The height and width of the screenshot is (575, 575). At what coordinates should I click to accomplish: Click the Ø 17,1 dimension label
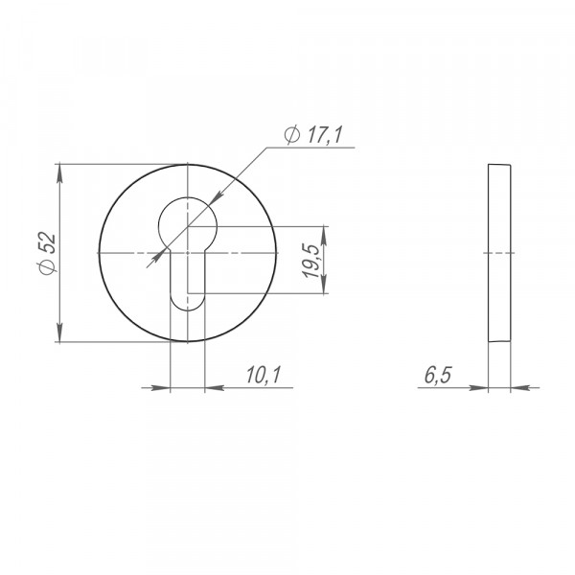pyautogui.click(x=313, y=134)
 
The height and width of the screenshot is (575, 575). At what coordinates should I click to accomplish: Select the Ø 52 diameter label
pyautogui.click(x=47, y=253)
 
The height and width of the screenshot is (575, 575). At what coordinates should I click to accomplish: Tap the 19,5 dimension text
pyautogui.click(x=310, y=261)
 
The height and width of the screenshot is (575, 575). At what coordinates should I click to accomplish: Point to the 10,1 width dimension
pyautogui.click(x=263, y=375)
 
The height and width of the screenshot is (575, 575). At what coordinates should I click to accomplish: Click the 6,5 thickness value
pyautogui.click(x=438, y=375)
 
